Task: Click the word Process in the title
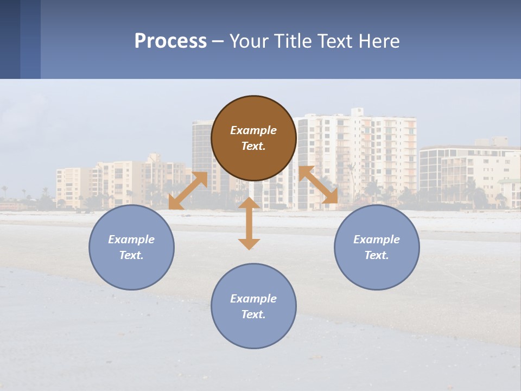pos(170,41)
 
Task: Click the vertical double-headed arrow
pos(249,223)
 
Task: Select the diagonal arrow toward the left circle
pos(188,191)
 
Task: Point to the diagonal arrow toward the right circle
pos(318,185)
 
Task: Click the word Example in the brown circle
pos(253,130)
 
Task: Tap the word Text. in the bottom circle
pos(253,314)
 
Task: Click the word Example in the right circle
pos(377,239)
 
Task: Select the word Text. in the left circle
pos(131,255)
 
